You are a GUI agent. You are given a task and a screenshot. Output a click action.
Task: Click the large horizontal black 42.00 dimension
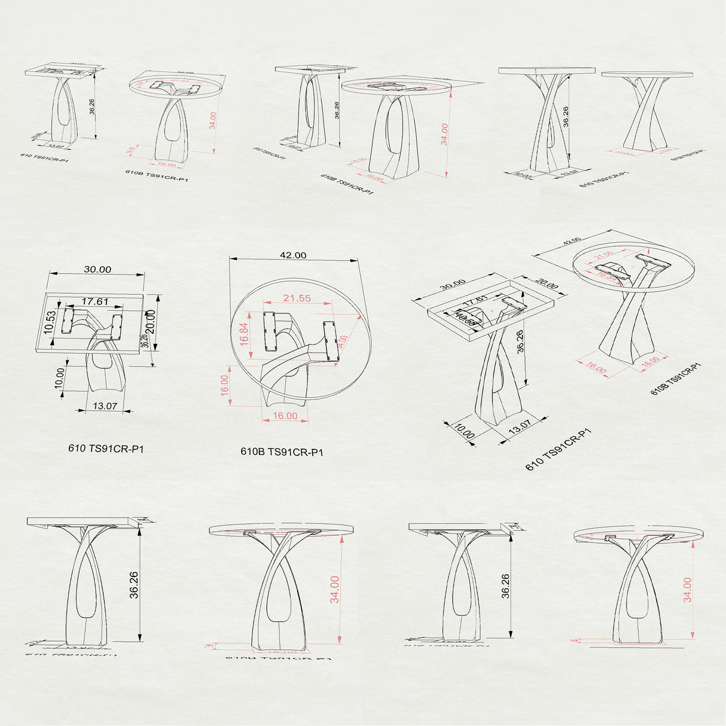(293, 255)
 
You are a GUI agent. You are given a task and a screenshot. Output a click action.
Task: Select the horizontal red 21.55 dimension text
(297, 298)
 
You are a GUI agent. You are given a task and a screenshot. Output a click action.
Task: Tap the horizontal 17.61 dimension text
(95, 302)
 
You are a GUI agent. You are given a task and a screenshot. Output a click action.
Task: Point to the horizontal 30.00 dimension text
(97, 270)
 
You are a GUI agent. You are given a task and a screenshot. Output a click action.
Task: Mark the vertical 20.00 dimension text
(151, 322)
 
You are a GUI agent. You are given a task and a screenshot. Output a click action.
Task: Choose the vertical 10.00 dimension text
(59, 378)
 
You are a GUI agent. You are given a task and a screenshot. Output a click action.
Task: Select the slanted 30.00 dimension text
(452, 288)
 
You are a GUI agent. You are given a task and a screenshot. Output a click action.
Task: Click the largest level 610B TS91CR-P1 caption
(282, 452)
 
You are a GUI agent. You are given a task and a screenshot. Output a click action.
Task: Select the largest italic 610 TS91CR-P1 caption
(106, 449)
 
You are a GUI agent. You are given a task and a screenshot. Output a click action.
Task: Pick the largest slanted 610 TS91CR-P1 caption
(559, 449)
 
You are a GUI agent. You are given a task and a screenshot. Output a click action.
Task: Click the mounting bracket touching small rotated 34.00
(331, 341)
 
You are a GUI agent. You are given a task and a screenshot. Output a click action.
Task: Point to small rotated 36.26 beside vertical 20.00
(144, 341)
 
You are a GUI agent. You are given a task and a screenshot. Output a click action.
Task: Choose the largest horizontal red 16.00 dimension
(285, 416)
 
